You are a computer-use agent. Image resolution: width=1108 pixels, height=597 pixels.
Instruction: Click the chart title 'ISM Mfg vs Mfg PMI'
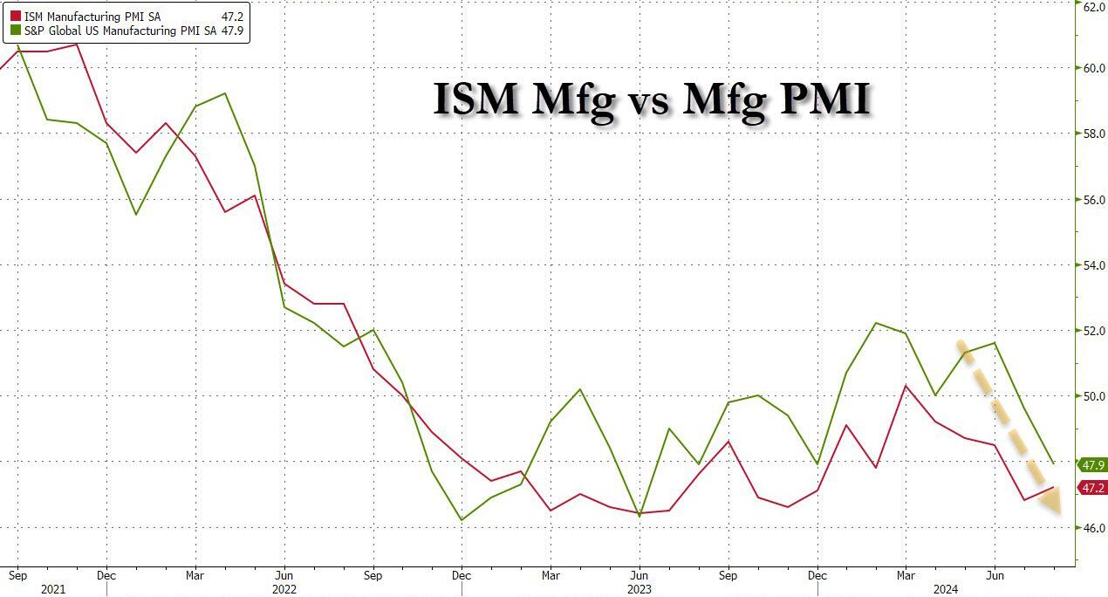652,99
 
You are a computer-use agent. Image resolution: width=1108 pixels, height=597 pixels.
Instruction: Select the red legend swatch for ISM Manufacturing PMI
15,16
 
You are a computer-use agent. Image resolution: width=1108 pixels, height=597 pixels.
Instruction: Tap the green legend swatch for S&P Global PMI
15,31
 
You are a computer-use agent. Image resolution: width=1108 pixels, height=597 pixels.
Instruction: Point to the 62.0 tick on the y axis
1094,5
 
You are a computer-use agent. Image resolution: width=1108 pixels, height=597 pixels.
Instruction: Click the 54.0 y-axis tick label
1094,265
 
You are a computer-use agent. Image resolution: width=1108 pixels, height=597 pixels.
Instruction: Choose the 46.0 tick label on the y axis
1094,528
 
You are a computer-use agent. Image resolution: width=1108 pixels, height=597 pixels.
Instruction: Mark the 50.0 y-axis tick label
1094,396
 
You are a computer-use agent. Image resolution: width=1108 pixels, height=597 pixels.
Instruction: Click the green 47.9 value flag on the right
1093,464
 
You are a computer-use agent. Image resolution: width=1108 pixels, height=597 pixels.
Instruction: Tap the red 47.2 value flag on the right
1093,488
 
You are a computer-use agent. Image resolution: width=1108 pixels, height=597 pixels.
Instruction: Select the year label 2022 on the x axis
284,589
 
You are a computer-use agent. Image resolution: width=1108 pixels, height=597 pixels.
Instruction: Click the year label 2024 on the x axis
945,589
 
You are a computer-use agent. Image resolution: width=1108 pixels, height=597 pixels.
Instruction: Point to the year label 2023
640,589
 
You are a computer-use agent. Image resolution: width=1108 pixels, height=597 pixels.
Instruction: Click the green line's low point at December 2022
462,520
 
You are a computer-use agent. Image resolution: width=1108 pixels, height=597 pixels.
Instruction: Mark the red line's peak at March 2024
906,385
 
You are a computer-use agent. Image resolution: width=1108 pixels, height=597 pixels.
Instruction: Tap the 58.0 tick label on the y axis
1094,134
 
